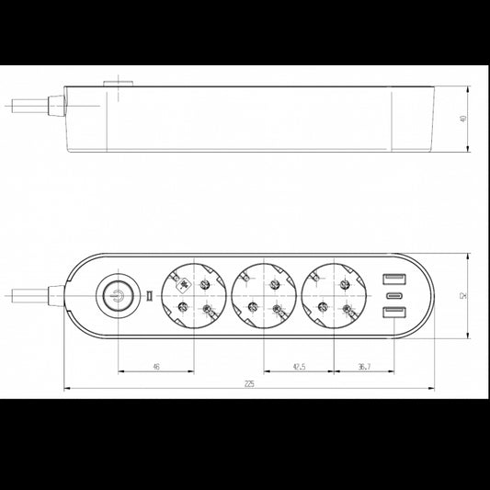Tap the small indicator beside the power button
147,296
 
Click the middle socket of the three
264,296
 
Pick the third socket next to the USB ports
336,296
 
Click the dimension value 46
155,367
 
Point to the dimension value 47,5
299,367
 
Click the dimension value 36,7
364,367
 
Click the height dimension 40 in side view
463,120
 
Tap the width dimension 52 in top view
463,296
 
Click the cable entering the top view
23,296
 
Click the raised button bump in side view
119,83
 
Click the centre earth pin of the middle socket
264,296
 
